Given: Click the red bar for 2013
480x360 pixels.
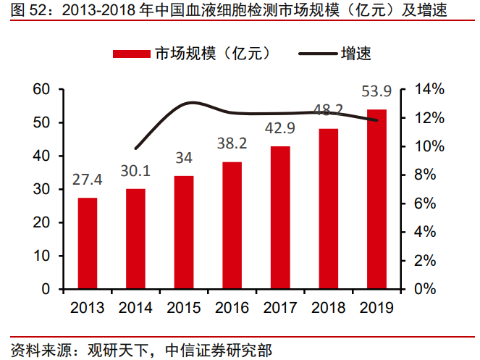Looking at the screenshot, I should pos(88,243).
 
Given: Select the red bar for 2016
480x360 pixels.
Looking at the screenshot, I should pos(232,225).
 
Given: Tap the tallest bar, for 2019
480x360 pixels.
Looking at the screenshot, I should pos(376,199).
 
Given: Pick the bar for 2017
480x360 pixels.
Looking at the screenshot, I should pos(280,217).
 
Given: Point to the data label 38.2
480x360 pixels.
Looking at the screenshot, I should pos(232,143).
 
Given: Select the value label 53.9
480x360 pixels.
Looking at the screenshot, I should pos(376,91).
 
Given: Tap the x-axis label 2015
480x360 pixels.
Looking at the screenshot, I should pos(184,307).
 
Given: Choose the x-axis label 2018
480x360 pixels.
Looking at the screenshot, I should pos(329,307).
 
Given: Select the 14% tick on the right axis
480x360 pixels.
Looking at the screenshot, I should pos(430,89).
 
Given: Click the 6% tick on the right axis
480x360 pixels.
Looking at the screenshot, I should pos(426,204).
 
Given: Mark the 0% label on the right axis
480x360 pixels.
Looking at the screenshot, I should pos(426,289).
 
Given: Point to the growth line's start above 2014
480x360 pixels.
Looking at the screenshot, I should pos(135,147).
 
